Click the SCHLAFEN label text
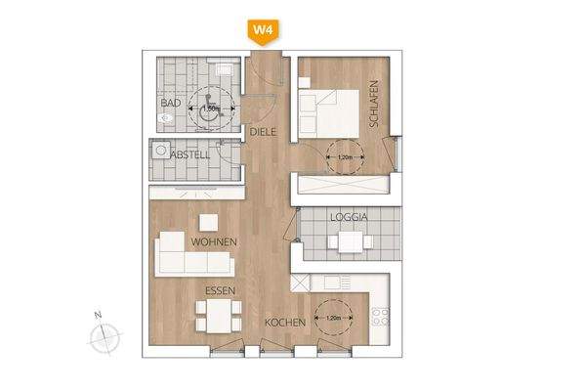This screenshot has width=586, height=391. point(373,100)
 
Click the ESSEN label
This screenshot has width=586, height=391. point(220,291)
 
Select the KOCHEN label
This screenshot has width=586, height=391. point(285,323)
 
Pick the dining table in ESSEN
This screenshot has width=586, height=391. point(219,317)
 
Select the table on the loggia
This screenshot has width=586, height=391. point(349,240)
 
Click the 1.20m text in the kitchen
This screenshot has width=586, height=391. point(335,317)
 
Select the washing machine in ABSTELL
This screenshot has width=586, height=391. point(159,152)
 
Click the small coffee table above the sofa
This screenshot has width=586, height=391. point(207,220)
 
